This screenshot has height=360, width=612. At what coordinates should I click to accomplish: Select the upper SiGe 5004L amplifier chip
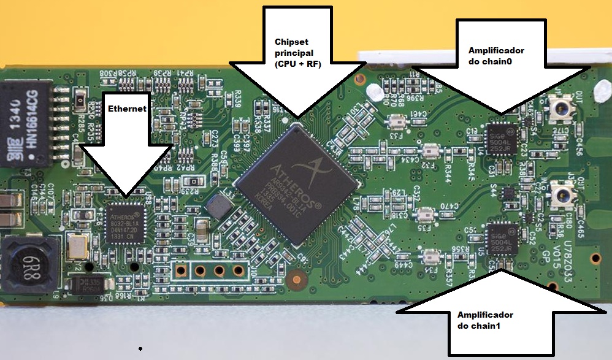(501, 140)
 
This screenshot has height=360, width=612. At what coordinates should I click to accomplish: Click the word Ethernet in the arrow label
(127, 109)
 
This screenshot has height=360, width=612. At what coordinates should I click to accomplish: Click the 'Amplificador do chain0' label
(497, 56)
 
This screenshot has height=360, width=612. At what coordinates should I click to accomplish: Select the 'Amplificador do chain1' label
(485, 320)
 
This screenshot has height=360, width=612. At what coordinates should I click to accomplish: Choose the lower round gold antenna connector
(561, 196)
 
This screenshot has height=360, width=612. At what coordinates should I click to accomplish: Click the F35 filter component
(426, 216)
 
